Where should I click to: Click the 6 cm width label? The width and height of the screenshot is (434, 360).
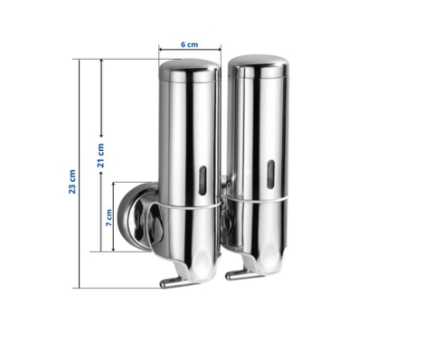(189, 43)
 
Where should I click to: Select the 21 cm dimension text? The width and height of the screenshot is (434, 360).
(100, 155)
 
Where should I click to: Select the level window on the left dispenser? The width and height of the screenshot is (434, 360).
(201, 179)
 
